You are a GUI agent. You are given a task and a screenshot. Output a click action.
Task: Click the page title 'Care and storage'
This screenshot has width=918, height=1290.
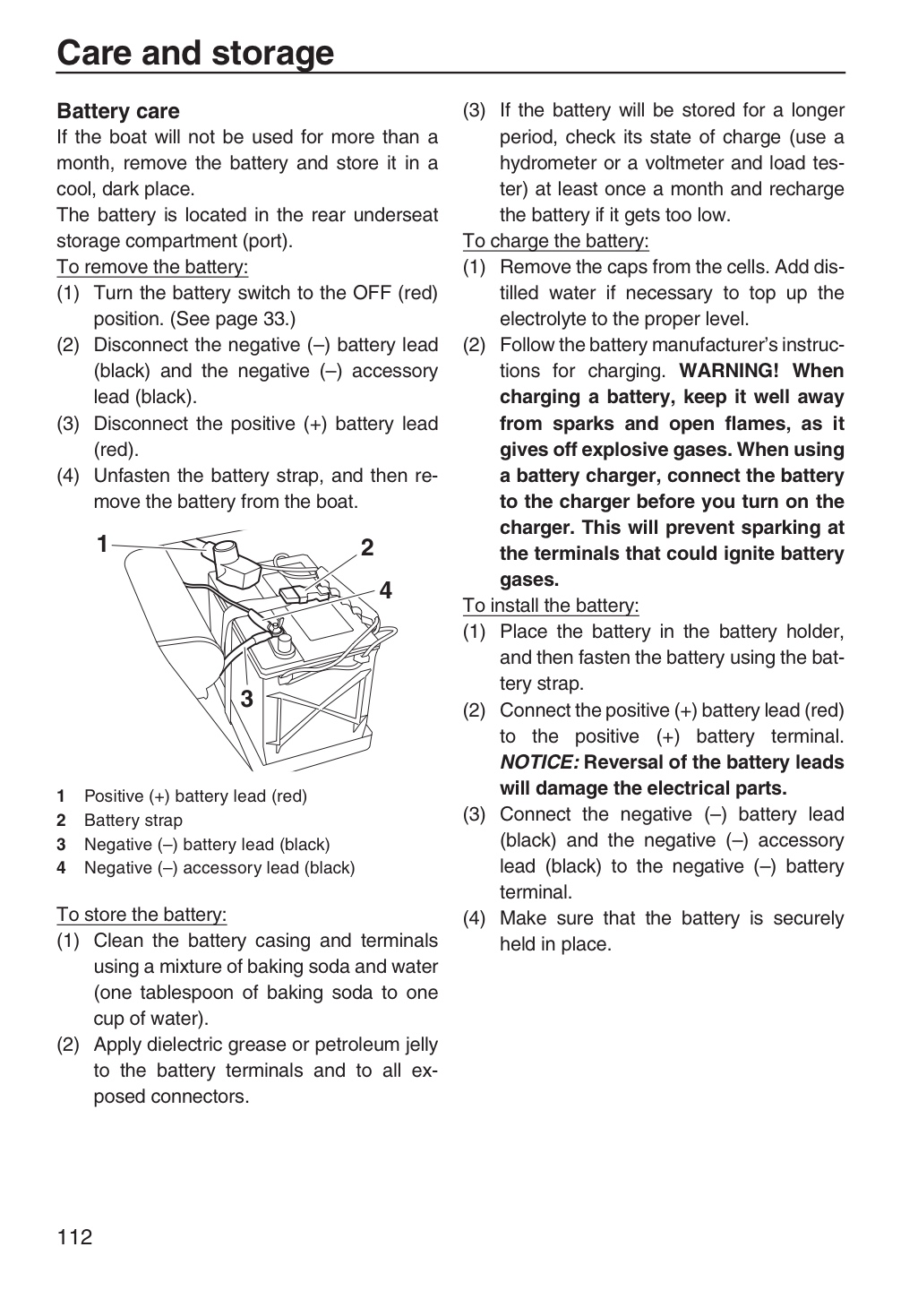click(x=195, y=54)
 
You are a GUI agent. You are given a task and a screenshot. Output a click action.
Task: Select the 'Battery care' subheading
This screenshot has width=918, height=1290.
click(x=118, y=111)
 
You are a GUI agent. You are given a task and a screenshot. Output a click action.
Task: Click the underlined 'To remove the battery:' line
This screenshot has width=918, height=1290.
click(x=152, y=267)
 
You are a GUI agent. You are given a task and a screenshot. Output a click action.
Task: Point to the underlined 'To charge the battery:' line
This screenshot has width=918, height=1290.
click(x=556, y=241)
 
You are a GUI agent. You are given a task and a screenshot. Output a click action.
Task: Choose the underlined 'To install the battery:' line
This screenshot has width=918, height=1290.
click(x=551, y=606)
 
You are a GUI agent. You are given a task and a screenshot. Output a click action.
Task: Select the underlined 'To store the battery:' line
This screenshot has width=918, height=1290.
click(x=142, y=915)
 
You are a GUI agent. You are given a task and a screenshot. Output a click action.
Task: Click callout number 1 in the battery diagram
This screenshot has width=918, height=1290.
click(x=102, y=544)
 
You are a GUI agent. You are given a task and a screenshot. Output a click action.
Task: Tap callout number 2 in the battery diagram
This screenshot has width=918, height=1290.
click(x=367, y=547)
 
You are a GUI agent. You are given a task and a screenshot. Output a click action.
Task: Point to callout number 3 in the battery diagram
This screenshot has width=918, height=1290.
click(x=246, y=699)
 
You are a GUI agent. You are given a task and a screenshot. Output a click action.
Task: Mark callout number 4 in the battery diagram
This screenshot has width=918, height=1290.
click(x=385, y=591)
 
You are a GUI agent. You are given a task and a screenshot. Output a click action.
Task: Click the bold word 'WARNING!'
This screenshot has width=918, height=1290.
click(x=728, y=371)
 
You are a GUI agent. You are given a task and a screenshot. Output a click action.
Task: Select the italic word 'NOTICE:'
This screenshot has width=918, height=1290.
click(x=539, y=762)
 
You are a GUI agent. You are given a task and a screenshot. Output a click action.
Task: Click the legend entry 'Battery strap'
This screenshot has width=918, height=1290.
click(x=133, y=821)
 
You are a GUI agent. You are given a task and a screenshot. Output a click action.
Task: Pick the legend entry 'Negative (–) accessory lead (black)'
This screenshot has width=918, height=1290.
click(x=219, y=868)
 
